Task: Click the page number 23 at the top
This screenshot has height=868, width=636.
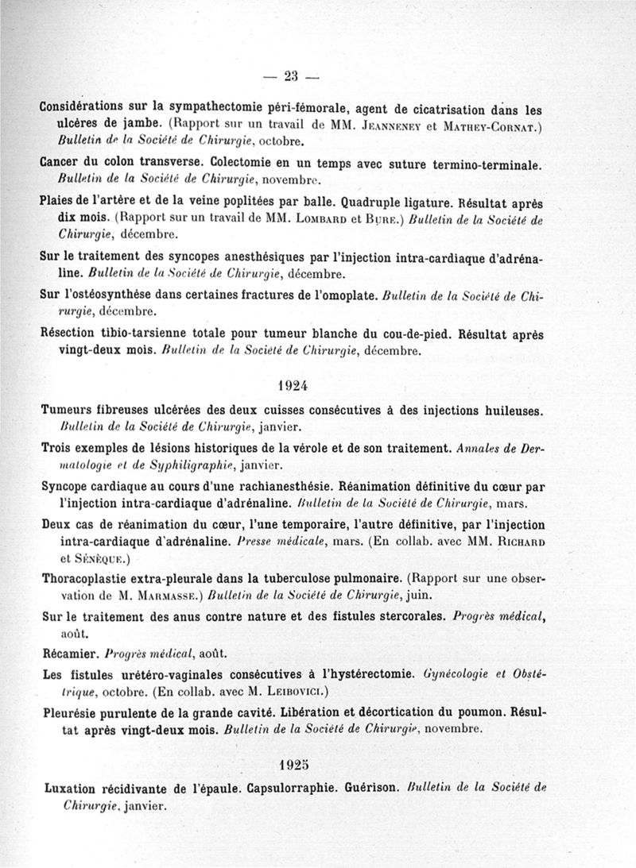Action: tap(289, 76)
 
